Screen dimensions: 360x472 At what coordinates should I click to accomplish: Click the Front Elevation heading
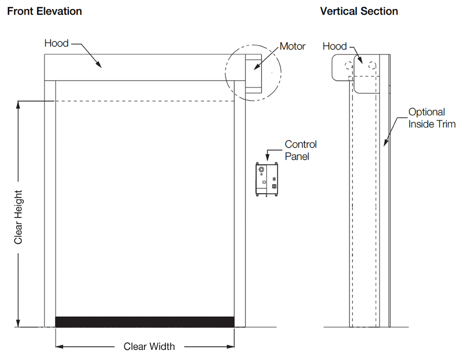pos(44,11)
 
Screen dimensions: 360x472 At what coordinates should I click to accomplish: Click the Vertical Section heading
pos(359,11)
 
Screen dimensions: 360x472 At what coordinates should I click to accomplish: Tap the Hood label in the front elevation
pos(56,43)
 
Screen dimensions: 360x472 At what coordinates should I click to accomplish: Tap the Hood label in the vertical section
pos(335,46)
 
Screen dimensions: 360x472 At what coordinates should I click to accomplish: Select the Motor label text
pos(293,46)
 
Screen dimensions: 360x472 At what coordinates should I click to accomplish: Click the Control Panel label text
pos(301,150)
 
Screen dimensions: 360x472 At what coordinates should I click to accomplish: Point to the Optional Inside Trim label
pos(432,118)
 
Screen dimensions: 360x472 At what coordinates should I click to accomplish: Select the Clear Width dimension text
pos(149,346)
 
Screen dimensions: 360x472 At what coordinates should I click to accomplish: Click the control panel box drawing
pos(267,179)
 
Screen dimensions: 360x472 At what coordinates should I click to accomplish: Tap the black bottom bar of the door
pos(145,322)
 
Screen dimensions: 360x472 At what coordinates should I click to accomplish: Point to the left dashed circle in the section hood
pos(347,65)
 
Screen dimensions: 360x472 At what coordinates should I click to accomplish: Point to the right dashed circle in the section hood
pos(372,65)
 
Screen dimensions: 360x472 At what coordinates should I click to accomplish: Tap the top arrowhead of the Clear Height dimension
pos(19,104)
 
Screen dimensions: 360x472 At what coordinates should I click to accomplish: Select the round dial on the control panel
pos(262,170)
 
